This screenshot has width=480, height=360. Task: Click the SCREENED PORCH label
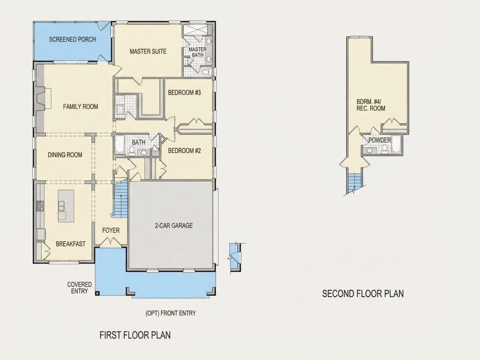(x=72, y=39)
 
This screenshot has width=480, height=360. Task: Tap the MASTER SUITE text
(x=148, y=51)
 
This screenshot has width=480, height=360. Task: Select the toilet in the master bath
(x=207, y=72)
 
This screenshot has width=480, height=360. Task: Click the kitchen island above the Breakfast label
(x=66, y=206)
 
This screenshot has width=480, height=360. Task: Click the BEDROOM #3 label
(x=184, y=93)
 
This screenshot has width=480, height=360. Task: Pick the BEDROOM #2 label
(x=184, y=151)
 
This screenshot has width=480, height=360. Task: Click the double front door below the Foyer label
(x=111, y=242)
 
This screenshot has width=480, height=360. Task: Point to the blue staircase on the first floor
(x=121, y=199)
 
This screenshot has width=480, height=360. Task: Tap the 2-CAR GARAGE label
(x=174, y=226)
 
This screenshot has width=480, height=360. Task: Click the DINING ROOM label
(x=65, y=155)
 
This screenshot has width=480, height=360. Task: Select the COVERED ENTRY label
(x=79, y=288)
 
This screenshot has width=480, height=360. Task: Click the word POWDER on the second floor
(x=380, y=140)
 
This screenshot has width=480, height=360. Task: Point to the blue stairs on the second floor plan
(x=355, y=183)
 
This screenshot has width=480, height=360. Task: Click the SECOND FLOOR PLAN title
(x=363, y=294)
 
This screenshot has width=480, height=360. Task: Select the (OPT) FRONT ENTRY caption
(x=171, y=313)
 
